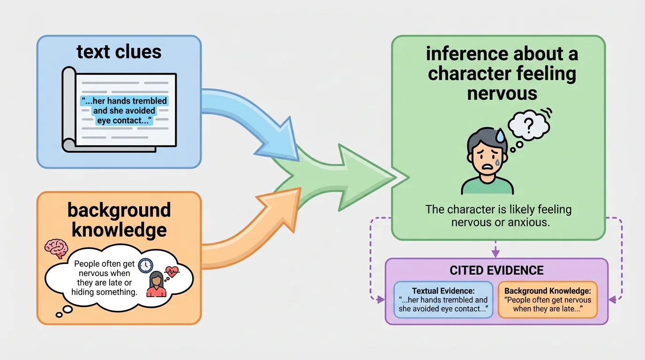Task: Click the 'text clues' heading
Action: (119, 52)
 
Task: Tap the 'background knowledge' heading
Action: (119, 220)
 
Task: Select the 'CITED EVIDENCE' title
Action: (496, 270)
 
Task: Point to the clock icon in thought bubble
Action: (146, 265)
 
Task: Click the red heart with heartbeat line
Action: (171, 272)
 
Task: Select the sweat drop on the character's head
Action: (501, 136)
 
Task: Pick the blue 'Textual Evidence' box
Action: (443, 300)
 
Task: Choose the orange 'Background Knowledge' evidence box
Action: (547, 300)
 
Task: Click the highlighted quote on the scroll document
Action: (124, 111)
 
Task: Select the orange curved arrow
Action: (248, 225)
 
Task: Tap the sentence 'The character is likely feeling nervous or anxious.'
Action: (498, 215)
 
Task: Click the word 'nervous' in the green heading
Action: (502, 93)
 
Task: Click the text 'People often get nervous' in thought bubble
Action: (104, 268)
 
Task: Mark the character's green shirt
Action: (487, 186)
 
